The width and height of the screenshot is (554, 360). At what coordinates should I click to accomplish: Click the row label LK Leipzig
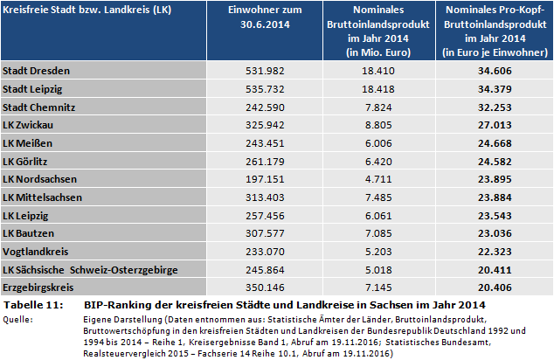26,217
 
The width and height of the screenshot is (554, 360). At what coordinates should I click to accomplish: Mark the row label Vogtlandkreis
31,253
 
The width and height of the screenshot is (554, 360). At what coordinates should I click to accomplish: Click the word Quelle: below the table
20,319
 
